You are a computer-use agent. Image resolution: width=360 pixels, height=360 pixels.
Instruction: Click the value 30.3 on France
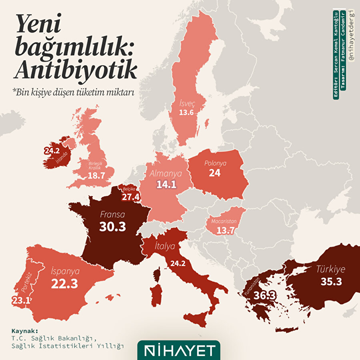(112, 226)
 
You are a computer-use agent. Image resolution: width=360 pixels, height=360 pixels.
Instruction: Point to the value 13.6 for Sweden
(186, 112)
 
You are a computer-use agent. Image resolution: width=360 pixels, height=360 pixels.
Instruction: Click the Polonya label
(215, 163)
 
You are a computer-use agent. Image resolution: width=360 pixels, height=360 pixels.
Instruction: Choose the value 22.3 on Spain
(64, 284)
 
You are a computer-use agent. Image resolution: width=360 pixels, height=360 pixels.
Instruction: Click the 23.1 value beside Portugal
(20, 300)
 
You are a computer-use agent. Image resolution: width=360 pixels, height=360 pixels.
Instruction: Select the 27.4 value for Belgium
(131, 197)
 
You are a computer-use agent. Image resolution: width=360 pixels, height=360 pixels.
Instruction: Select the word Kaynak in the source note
(24, 331)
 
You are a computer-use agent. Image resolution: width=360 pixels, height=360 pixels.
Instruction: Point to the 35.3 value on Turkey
(331, 282)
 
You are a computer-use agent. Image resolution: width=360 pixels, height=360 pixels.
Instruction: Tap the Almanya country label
(166, 174)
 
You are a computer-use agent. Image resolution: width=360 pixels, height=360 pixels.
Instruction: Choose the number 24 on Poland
(215, 173)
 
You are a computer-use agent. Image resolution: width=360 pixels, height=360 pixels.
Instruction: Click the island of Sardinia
(157, 296)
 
